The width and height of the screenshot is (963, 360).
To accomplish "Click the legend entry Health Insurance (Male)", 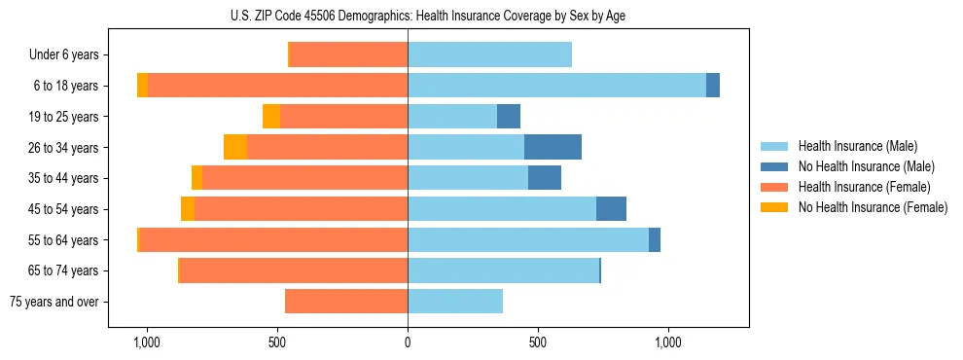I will (857, 146).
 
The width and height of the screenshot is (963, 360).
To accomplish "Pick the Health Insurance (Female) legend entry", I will (864, 187).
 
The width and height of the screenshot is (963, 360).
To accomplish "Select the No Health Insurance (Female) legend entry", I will (873, 207).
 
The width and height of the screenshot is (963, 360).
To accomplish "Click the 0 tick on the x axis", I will (408, 342).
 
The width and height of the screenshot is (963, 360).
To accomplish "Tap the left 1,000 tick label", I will (147, 342).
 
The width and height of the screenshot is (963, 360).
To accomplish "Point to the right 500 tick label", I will (538, 342).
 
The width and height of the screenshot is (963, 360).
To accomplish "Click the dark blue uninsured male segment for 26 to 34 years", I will (553, 147).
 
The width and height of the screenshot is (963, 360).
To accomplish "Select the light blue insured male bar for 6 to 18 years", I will (556, 86).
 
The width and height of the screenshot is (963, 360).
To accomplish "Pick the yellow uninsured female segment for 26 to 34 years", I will (235, 147).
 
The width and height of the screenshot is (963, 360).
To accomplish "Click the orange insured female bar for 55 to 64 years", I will (273, 239).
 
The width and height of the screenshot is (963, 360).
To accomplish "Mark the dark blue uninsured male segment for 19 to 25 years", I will (509, 117).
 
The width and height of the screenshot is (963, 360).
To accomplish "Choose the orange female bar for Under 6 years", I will (348, 55).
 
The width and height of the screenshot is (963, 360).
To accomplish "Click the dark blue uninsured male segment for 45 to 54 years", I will (611, 209).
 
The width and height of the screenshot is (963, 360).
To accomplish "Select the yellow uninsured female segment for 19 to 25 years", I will (271, 117).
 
